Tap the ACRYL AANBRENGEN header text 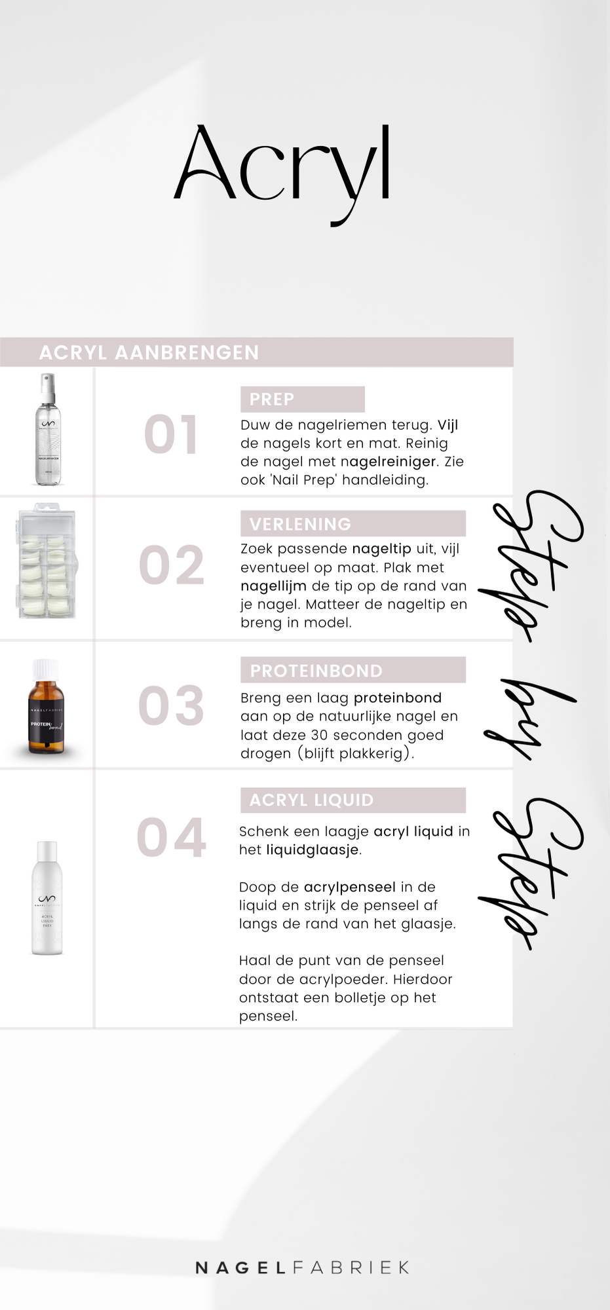point(149,352)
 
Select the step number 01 point(170,434)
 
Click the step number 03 point(171,705)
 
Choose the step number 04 point(172,837)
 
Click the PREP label point(272,399)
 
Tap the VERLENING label point(301,524)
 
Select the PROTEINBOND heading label point(316,671)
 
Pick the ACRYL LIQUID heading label point(312,800)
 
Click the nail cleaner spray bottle point(47,429)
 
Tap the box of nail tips point(46,561)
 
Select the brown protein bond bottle point(46,706)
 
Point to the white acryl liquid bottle point(47,898)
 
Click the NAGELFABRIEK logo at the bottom point(303,1267)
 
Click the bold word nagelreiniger point(389,462)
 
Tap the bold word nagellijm point(273,586)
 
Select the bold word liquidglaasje point(313,850)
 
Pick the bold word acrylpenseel point(350,887)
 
